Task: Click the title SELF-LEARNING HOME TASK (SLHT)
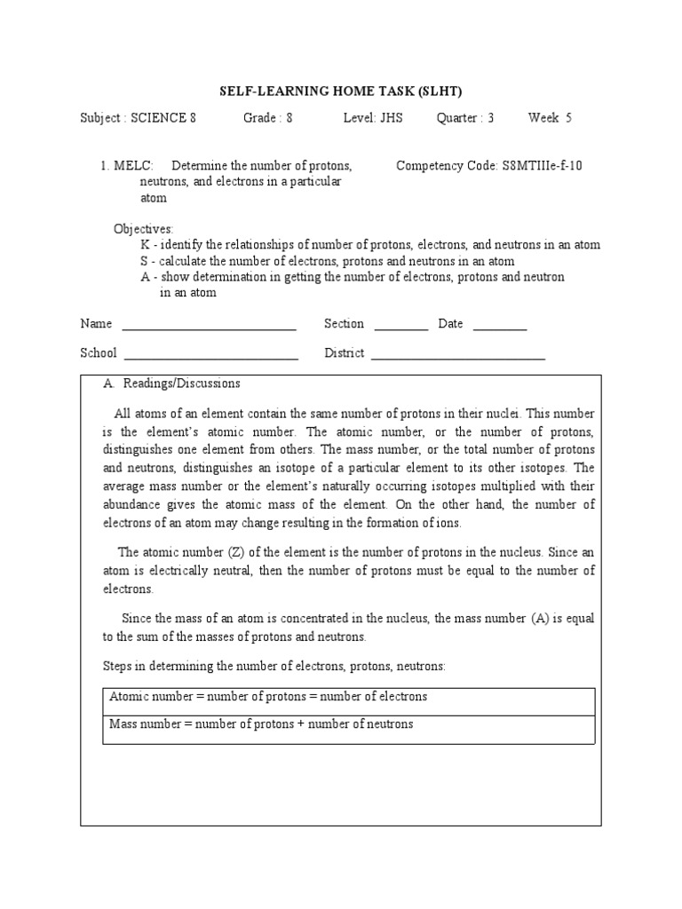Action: tap(341, 91)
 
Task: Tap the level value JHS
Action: tap(391, 118)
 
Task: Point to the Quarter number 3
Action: tap(490, 118)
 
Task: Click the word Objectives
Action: tap(144, 229)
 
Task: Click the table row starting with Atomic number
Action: tap(348, 698)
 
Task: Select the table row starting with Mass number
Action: tap(348, 725)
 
